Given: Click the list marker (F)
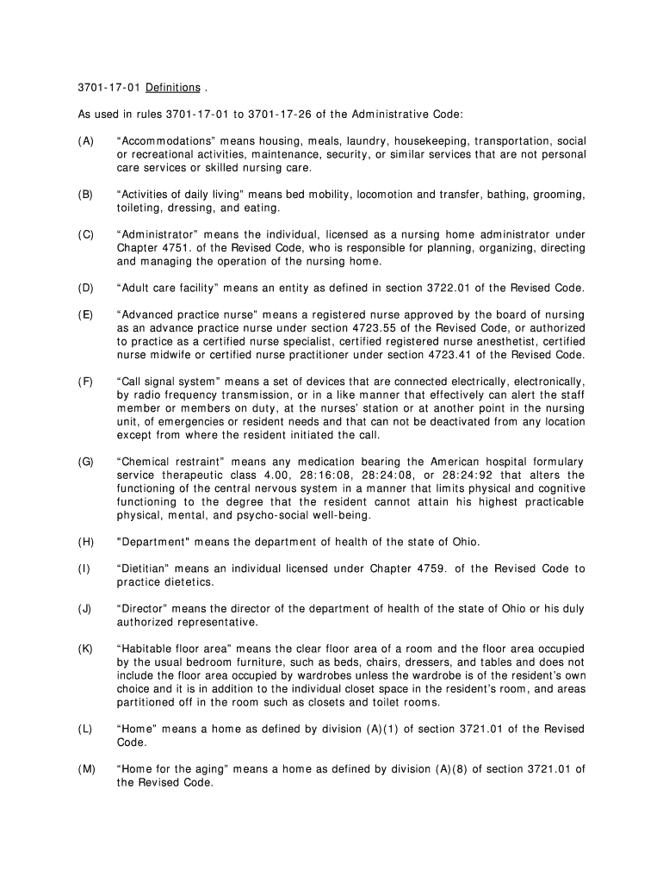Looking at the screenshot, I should (x=85, y=381).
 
